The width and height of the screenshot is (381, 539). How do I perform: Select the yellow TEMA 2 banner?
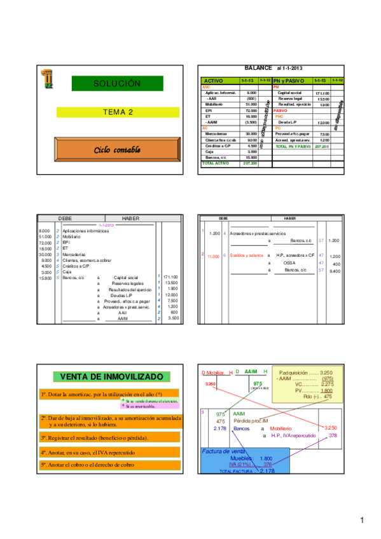(118, 113)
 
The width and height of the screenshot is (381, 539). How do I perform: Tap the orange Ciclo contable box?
(116, 149)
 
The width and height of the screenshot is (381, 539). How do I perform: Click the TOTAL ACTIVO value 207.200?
(249, 163)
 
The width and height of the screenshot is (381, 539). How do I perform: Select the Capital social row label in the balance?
(290, 93)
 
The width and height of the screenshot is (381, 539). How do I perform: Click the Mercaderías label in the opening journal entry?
(74, 254)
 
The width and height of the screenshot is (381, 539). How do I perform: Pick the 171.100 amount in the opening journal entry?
(170, 277)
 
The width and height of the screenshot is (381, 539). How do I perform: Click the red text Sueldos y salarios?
(244, 256)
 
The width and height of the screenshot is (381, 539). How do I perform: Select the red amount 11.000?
(213, 256)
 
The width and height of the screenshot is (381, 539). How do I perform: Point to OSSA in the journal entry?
(289, 263)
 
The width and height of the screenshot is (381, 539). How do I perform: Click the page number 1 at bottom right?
(361, 521)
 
